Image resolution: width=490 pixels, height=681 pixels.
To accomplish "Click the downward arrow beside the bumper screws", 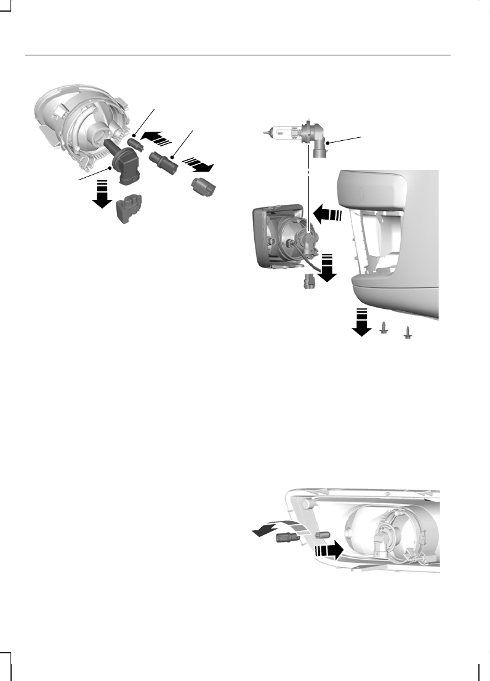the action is click(361, 323).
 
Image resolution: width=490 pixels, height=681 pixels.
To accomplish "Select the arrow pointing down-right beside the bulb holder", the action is click(199, 165).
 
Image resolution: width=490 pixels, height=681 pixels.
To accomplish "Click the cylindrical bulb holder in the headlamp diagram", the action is click(164, 163).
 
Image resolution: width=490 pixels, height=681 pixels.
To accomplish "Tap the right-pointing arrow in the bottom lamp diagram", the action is click(327, 549).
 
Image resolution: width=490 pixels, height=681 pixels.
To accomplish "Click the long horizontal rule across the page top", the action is click(238, 55).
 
